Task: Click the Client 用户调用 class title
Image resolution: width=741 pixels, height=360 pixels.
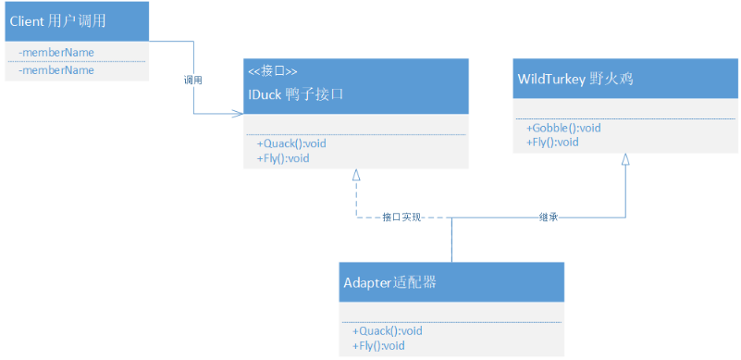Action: click(57, 22)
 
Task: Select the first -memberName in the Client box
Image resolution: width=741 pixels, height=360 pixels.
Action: click(56, 52)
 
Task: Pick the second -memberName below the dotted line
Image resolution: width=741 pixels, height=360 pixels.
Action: click(56, 70)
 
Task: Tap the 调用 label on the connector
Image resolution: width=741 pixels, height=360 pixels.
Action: click(192, 81)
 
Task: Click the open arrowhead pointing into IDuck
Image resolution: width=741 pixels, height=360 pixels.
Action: click(237, 114)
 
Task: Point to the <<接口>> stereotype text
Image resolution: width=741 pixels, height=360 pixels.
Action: click(273, 71)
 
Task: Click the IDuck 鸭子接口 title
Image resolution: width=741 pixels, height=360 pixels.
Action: click(296, 94)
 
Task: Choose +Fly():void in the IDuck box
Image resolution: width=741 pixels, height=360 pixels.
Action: click(283, 158)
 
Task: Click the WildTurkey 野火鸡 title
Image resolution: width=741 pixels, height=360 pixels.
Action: click(575, 79)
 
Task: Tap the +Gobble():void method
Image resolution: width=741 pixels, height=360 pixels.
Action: click(563, 128)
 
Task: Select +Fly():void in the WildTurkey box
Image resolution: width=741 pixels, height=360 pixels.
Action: click(552, 143)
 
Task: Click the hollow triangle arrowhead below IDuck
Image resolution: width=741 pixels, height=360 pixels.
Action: click(356, 175)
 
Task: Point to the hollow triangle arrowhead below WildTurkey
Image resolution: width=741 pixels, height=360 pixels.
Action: click(625, 159)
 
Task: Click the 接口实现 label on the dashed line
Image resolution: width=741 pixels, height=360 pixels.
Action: click(401, 217)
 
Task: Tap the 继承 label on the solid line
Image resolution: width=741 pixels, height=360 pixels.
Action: click(549, 217)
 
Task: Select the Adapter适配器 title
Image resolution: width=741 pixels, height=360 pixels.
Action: click(389, 283)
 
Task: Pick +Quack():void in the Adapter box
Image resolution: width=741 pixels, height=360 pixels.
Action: click(388, 330)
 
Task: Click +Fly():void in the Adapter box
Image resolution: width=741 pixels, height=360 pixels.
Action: click(378, 346)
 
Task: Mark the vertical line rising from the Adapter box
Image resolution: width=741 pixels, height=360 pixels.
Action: click(451, 240)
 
